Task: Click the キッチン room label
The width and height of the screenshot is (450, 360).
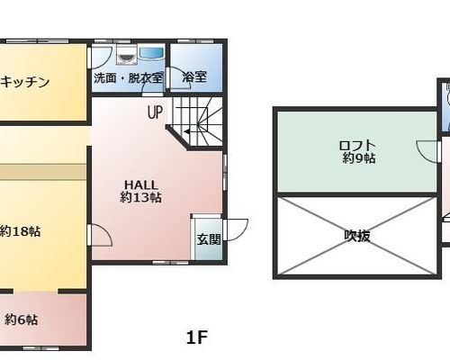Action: (25, 82)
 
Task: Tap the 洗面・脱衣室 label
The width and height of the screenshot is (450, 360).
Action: (129, 78)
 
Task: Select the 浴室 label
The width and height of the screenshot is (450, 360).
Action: (194, 76)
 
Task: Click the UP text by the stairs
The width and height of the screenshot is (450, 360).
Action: (155, 112)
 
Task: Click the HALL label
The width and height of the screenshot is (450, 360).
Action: (140, 184)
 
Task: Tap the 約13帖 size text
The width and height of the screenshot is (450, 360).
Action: (140, 197)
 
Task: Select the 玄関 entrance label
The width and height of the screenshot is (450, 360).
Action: (209, 239)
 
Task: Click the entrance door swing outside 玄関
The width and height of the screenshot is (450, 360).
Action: (237, 229)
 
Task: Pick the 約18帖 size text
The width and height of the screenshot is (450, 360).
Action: (20, 231)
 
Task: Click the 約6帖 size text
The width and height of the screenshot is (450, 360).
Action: (21, 319)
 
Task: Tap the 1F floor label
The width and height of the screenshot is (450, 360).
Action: (197, 337)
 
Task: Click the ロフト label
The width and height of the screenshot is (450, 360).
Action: (357, 146)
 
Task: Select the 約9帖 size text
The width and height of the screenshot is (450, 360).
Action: (359, 158)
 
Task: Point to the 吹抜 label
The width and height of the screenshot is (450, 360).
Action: (357, 236)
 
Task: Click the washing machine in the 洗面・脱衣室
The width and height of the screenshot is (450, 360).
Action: (127, 55)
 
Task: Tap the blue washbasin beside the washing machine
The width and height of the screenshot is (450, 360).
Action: (151, 53)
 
